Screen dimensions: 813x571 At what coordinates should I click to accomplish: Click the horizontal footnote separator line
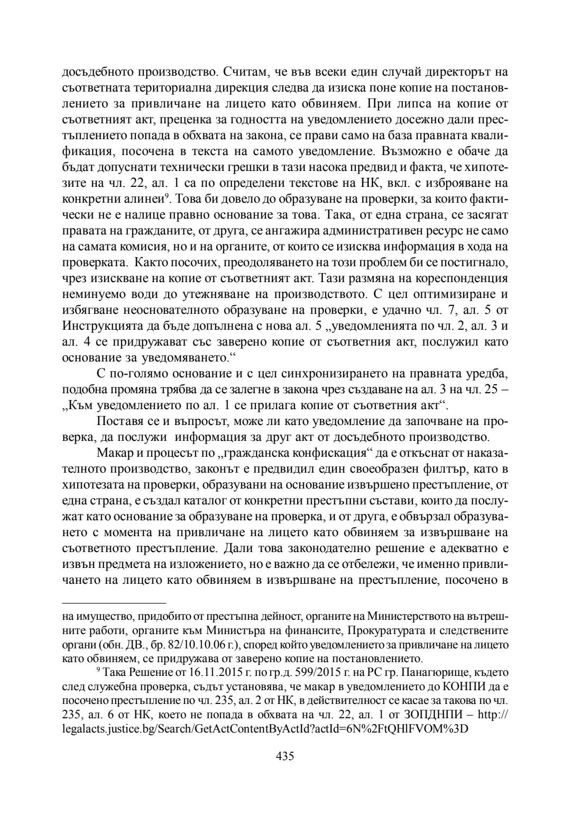pos(114,602)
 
